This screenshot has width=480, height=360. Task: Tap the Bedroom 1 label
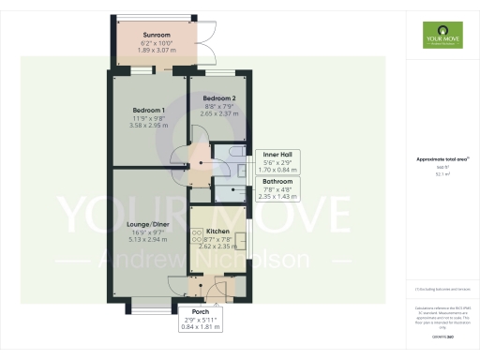tap(149, 110)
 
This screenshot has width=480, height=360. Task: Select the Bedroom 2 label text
tap(219, 97)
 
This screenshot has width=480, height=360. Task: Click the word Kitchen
tap(217, 231)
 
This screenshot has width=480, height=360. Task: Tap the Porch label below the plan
tap(200, 311)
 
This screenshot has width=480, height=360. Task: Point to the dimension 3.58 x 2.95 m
tap(149, 126)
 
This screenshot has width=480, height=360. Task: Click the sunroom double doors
tap(210, 45)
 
